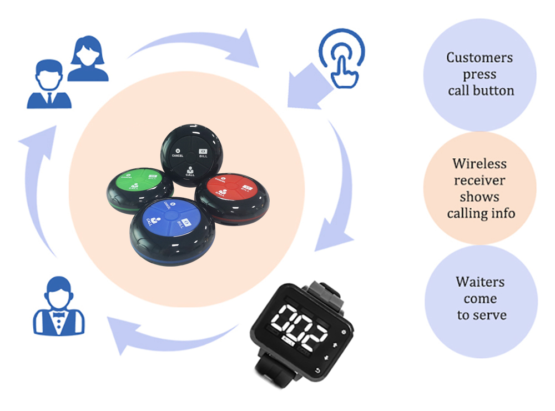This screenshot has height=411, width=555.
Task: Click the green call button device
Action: (139, 189)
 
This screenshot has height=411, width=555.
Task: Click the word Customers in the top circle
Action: (480, 58)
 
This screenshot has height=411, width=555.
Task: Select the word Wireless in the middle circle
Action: (480, 164)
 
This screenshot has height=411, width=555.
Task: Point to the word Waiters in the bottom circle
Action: (480, 282)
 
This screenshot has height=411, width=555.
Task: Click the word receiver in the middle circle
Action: (480, 181)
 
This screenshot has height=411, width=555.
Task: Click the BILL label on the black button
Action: (204, 155)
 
